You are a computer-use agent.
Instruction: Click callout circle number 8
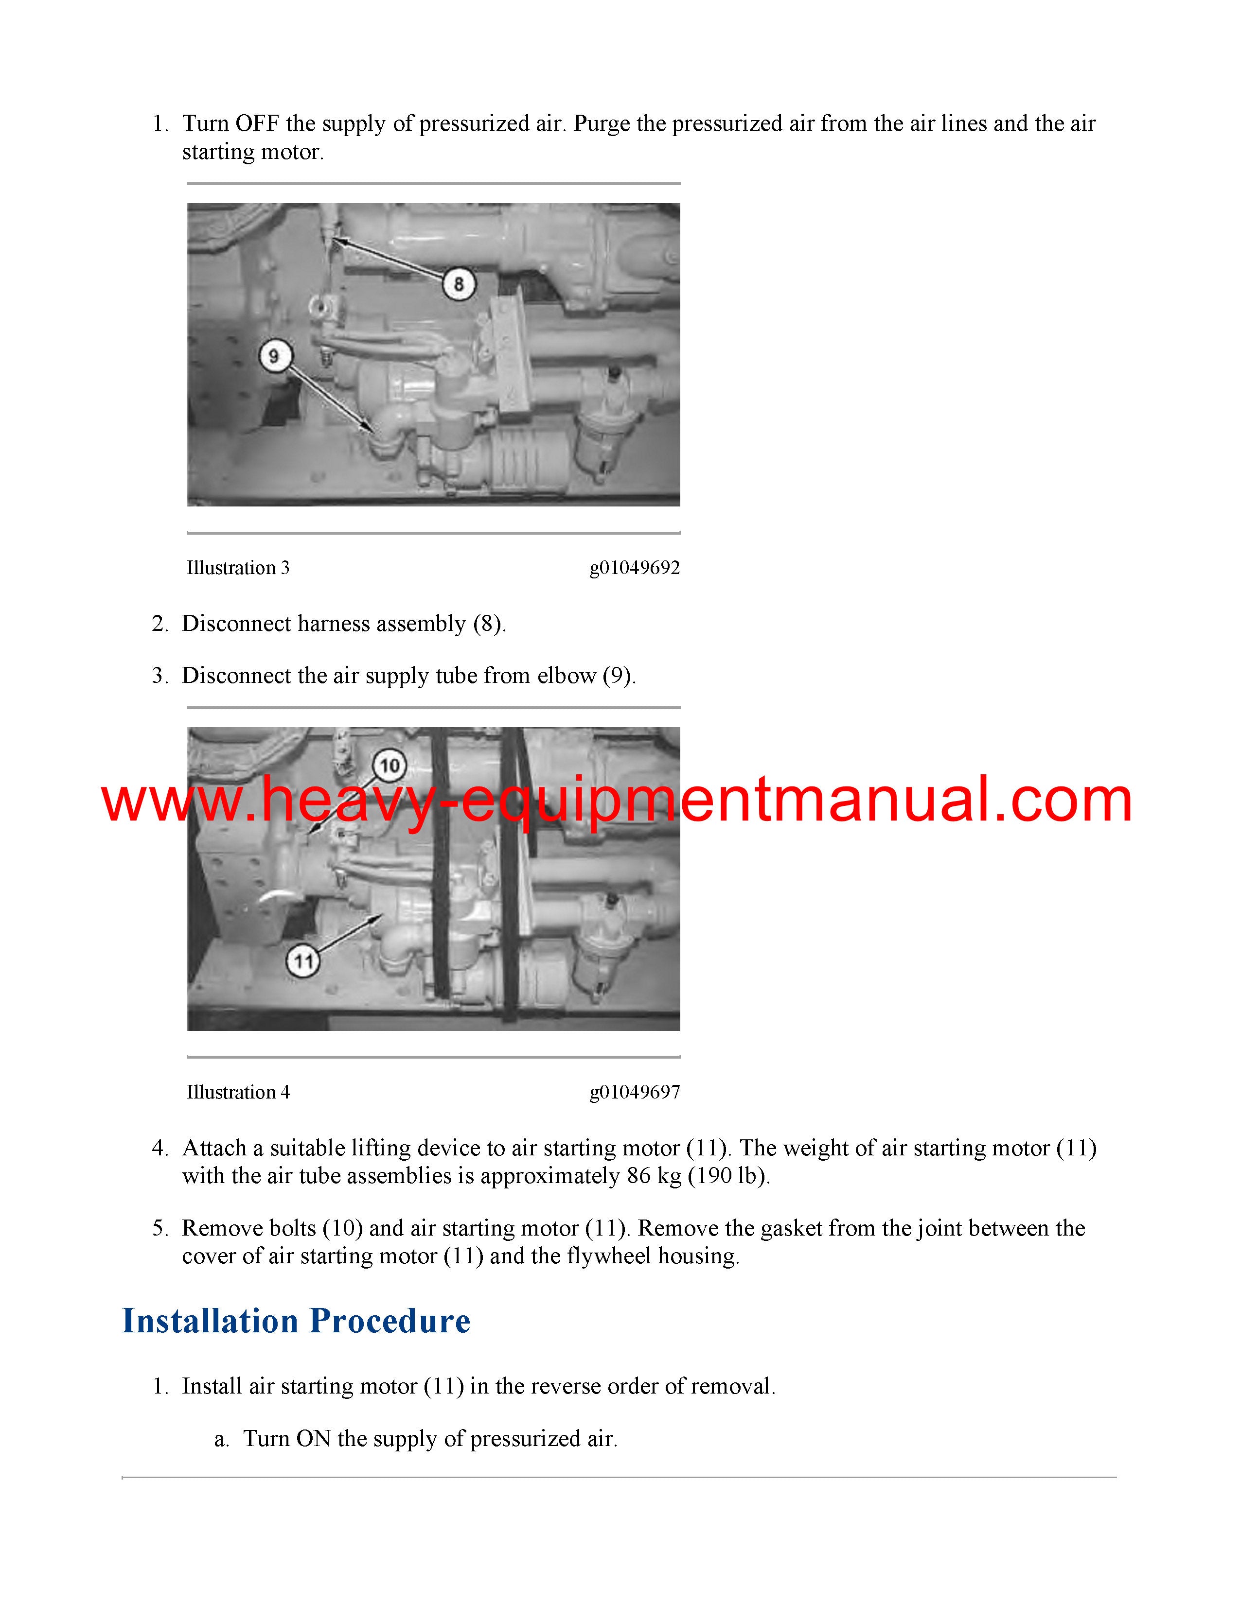click(x=459, y=283)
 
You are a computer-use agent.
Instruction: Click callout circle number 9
click(x=275, y=356)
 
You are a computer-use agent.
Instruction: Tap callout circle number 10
click(x=390, y=766)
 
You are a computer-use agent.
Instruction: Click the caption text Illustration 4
click(x=238, y=1092)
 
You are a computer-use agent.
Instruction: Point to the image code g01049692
click(x=635, y=569)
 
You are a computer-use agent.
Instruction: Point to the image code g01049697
click(x=635, y=1093)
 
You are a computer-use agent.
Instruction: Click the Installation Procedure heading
click(x=296, y=1321)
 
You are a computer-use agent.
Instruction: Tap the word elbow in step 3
click(x=567, y=676)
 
